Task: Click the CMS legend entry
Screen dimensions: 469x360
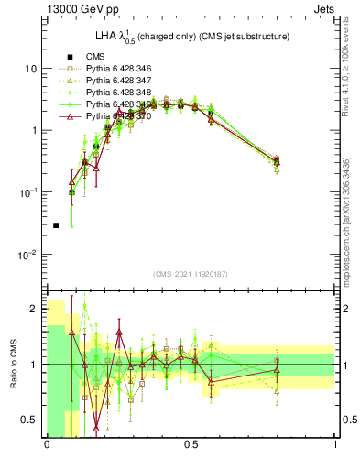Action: coord(97,57)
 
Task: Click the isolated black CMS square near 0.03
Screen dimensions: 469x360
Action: coord(56,224)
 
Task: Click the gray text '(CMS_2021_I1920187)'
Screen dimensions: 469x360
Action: coord(191,274)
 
